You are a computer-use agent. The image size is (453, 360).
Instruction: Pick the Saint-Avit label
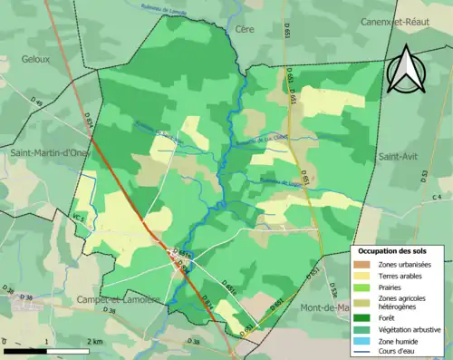point(397,156)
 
